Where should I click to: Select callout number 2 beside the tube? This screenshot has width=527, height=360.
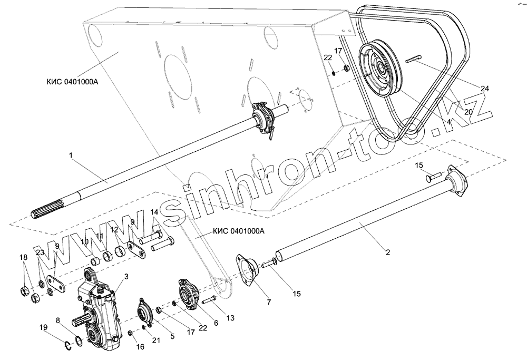coord(387,252)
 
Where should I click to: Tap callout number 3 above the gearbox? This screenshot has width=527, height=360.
coord(126,277)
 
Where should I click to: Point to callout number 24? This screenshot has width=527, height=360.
coord(485,89)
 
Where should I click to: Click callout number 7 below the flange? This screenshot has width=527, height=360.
coord(269,302)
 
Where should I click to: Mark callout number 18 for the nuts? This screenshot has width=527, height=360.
coord(23,257)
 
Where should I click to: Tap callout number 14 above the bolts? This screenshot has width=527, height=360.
coord(154,212)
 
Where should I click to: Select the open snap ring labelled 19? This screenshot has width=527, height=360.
coord(68,346)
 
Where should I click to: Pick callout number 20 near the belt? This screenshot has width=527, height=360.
coord(469,111)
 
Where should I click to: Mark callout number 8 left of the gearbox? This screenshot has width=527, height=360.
coord(58,320)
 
